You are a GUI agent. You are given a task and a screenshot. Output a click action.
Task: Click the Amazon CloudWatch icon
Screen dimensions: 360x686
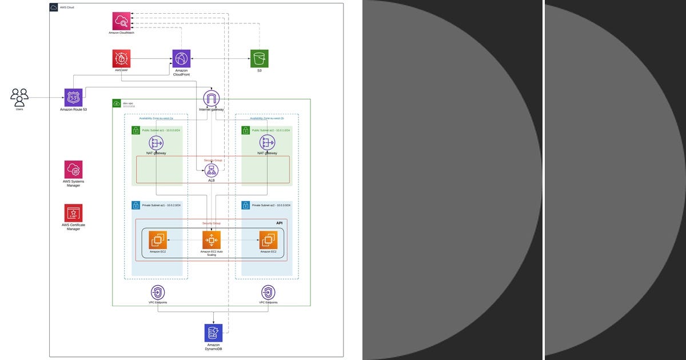pos(121,21)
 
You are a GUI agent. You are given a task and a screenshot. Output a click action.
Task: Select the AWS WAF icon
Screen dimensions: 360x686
pos(121,58)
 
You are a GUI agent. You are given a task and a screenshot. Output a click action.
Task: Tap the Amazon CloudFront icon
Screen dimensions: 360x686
pos(181,58)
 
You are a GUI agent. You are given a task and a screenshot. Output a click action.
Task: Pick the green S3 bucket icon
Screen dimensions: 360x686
pos(259,58)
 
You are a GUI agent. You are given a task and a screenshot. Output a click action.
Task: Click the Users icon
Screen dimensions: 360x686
pos(19,97)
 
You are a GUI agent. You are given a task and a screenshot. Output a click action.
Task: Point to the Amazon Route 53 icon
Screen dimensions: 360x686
pos(73,97)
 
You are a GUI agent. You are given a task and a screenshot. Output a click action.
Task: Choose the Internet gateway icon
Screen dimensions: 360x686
pos(212,98)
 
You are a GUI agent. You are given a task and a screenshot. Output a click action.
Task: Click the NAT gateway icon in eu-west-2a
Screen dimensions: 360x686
pos(156,143)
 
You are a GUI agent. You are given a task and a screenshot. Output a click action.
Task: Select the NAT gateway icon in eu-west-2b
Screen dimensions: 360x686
pos(267,143)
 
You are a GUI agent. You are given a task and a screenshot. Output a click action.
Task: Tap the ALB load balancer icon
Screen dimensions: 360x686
pos(212,170)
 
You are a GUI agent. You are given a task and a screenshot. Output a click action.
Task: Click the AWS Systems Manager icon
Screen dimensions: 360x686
pos(73,170)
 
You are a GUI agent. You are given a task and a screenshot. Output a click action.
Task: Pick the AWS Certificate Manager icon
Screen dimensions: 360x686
pos(73,213)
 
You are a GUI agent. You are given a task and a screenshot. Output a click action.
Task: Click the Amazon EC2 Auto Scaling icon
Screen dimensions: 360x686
pos(211,240)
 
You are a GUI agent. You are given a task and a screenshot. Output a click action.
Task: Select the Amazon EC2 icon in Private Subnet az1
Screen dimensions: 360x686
pos(158,240)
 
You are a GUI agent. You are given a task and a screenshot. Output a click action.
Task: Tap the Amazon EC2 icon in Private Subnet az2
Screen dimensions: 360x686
pos(268,240)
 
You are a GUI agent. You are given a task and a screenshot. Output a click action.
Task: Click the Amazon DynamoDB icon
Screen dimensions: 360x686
pos(213,333)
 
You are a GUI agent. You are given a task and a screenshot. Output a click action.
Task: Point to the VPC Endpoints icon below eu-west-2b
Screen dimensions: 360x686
pos(268,293)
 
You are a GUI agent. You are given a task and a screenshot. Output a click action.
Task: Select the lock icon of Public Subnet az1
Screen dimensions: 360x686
pos(135,130)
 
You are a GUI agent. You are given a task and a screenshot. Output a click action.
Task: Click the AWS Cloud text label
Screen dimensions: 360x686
pos(67,7)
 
